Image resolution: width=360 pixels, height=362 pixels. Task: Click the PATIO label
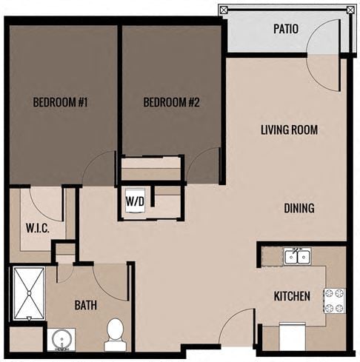(x=285, y=30)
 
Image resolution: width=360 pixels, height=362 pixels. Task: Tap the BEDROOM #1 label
(x=61, y=103)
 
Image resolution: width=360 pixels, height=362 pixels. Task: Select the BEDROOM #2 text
(x=172, y=103)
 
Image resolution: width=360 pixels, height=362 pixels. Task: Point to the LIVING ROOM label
(x=289, y=130)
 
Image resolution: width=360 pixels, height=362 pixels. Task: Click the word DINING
(x=299, y=208)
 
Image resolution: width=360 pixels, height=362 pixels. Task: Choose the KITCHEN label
(x=292, y=296)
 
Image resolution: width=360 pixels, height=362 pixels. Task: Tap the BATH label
(x=86, y=304)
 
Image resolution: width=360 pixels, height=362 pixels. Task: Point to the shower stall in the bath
(x=28, y=293)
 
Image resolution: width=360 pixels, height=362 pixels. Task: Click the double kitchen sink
(x=296, y=256)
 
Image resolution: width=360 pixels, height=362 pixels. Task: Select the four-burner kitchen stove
(x=334, y=299)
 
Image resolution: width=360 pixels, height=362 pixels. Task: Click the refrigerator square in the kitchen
(x=293, y=338)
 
